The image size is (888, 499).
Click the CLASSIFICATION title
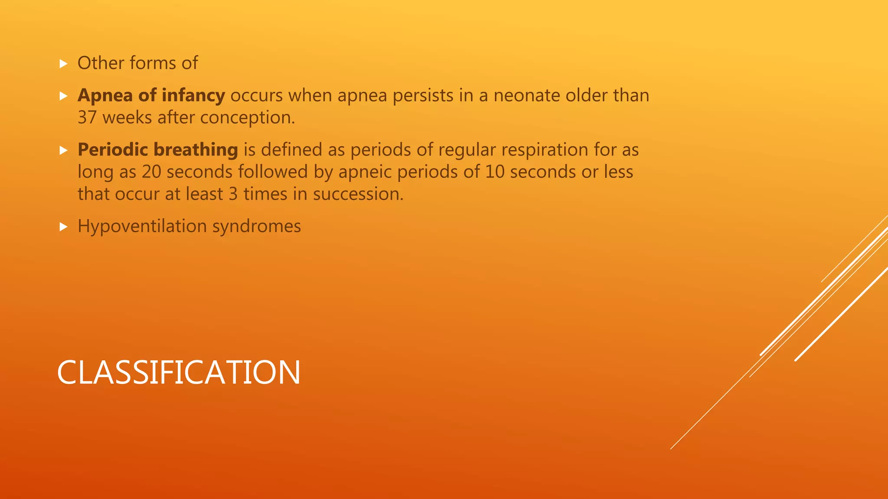[x=178, y=373]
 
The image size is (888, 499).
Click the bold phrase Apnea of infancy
[x=151, y=95]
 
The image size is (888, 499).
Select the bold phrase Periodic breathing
[x=157, y=150]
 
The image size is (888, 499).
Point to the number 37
[x=87, y=118]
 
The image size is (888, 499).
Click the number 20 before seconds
[x=151, y=172]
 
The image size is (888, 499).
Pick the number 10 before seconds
[x=495, y=172]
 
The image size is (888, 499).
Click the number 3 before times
[x=233, y=194]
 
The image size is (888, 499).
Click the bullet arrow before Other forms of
[x=64, y=64]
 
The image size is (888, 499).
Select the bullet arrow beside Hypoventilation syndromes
[x=64, y=227]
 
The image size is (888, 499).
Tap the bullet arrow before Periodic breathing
[x=64, y=150]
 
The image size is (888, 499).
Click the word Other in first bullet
[x=101, y=63]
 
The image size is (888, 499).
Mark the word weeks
[x=127, y=118]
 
